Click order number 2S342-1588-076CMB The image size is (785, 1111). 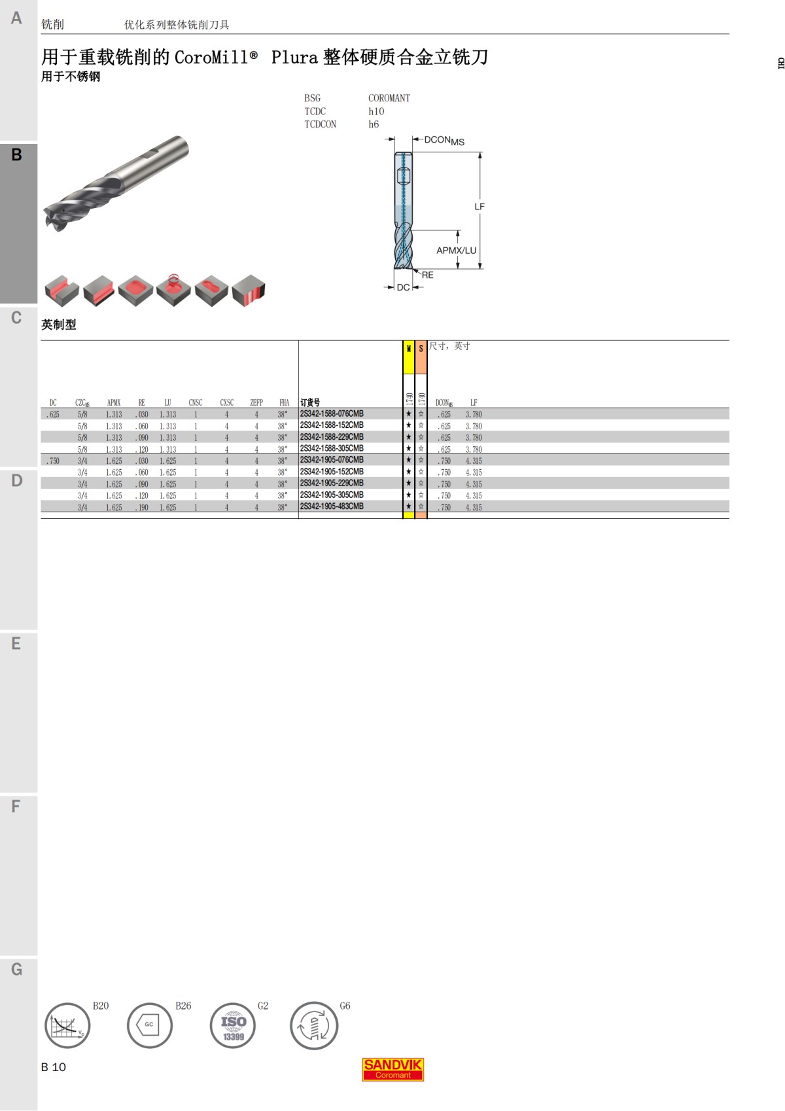tap(332, 414)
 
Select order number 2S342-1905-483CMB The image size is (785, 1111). tap(332, 507)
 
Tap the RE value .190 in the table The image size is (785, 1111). tap(142, 508)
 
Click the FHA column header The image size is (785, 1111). tap(284, 403)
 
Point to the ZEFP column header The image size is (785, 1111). tap(256, 403)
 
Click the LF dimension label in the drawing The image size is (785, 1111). tap(480, 207)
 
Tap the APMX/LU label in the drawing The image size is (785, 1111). tap(456, 251)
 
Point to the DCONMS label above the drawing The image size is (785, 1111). tap(444, 141)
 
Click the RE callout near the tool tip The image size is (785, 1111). tap(427, 275)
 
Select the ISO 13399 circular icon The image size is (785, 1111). tap(233, 1026)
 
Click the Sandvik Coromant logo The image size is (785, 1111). tap(393, 1069)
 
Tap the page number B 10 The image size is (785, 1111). tap(54, 1067)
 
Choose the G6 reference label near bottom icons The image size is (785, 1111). tap(345, 1006)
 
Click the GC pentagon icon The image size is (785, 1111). tap(150, 1025)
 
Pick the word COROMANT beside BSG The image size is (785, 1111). tap(389, 98)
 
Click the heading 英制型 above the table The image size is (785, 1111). tap(59, 325)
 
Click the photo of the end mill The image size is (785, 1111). tap(116, 183)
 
